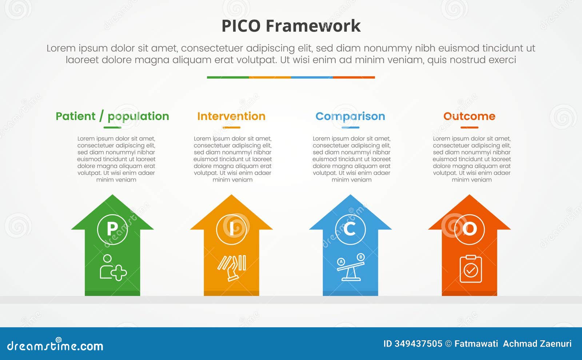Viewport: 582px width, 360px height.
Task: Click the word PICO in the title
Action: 241,26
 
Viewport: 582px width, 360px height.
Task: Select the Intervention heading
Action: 231,116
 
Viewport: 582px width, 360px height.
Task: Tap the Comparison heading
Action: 350,116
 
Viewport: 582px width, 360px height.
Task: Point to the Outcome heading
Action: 469,116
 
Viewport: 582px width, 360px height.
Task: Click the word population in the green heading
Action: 138,116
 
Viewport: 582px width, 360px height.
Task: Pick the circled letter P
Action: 112,229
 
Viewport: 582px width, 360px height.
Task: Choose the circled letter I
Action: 231,229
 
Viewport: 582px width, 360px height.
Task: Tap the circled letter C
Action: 350,229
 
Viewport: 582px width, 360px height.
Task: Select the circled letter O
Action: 470,229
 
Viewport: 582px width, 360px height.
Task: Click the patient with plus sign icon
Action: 113,268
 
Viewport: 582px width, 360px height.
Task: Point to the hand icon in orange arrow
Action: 232,268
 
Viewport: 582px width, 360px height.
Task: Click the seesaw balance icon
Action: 350,268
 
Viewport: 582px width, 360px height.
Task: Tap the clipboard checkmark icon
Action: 471,269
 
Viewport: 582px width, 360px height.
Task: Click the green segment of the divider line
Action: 228,77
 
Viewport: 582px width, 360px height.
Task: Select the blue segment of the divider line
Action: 312,77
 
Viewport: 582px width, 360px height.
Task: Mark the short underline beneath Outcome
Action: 469,128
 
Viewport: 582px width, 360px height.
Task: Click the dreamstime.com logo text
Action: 55,346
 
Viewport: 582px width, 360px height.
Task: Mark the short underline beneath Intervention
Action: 231,128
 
